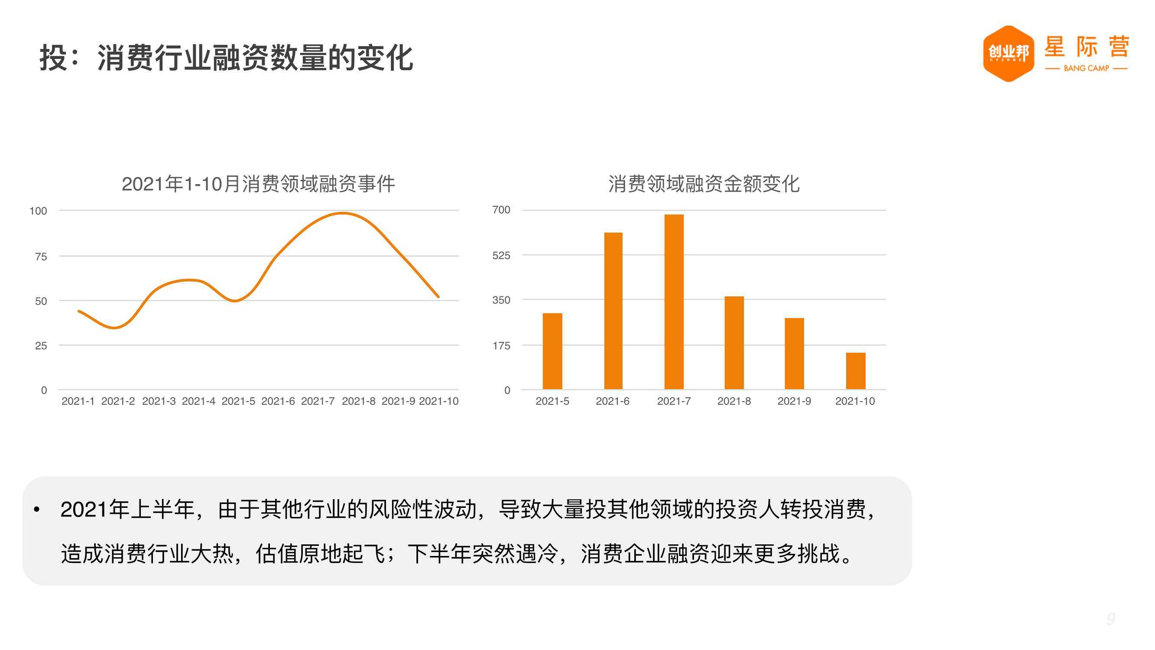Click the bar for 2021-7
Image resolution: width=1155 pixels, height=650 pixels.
pyautogui.click(x=674, y=302)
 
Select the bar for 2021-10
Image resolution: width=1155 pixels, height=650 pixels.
pyautogui.click(x=856, y=371)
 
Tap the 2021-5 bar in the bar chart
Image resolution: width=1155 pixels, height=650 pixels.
pyautogui.click(x=552, y=351)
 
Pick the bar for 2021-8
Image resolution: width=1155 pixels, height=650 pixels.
pyautogui.click(x=734, y=343)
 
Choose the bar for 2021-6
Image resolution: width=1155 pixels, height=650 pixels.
pyautogui.click(x=613, y=311)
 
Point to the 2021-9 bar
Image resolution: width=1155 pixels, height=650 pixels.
pyautogui.click(x=794, y=354)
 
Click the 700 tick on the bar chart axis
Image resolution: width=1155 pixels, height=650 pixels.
pyautogui.click(x=501, y=210)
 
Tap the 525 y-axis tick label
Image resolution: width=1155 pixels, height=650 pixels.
pyautogui.click(x=501, y=255)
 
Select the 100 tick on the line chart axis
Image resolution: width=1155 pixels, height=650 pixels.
pyautogui.click(x=38, y=211)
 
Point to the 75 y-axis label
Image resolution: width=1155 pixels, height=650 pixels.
pyautogui.click(x=41, y=257)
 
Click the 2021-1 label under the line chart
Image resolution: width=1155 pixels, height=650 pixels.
pyautogui.click(x=78, y=401)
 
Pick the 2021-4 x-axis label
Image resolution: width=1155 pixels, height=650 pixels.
pyautogui.click(x=198, y=401)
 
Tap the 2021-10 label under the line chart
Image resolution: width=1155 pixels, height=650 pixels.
pyautogui.click(x=438, y=401)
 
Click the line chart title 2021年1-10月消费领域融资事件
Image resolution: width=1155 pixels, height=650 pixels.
pyautogui.click(x=258, y=184)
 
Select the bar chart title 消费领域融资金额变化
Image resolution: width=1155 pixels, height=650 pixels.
pyautogui.click(x=704, y=184)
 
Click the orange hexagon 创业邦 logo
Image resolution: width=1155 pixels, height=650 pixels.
pyautogui.click(x=1009, y=54)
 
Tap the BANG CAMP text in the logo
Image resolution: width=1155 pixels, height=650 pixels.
pyautogui.click(x=1087, y=68)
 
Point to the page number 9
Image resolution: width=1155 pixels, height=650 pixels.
pyautogui.click(x=1111, y=620)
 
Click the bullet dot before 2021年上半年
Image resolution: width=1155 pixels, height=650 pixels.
pyautogui.click(x=37, y=509)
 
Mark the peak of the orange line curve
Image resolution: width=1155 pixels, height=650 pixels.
pyautogui.click(x=343, y=213)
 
